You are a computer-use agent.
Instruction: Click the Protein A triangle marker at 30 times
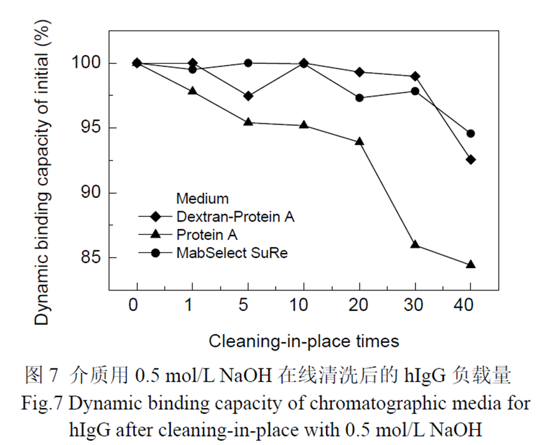415,244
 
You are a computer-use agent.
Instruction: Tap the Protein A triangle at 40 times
471,264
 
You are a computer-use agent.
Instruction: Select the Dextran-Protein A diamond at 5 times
248,96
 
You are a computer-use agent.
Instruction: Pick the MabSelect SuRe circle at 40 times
471,133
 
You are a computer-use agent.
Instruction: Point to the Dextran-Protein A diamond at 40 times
471,159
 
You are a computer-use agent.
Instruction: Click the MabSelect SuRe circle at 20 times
359,98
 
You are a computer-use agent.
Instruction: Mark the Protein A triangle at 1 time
192,91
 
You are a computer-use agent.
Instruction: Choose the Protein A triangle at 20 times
359,140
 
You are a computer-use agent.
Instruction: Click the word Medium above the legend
202,199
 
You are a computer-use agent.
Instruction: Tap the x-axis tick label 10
303,305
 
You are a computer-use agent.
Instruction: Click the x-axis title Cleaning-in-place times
303,341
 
